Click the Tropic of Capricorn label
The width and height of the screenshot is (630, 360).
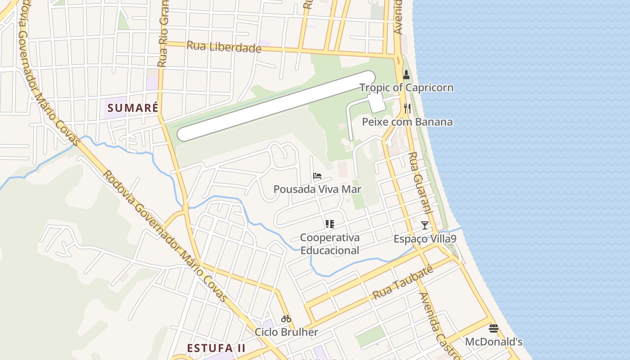406,87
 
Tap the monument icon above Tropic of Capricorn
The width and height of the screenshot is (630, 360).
406,75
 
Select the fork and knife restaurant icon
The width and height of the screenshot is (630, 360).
407,108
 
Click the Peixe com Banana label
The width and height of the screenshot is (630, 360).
407,122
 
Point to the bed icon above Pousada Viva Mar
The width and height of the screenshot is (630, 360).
317,175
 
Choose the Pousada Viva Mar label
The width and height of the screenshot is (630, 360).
317,189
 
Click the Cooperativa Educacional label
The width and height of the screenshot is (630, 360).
330,243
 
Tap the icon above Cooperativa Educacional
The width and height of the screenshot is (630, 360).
330,224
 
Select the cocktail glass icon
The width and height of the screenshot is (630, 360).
424,225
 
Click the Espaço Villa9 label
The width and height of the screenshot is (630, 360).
424,239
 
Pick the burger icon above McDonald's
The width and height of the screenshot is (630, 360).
494,328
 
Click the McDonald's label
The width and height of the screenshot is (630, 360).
494,342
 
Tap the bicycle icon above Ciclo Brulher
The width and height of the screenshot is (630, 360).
286,319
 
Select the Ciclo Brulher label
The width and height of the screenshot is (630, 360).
286,332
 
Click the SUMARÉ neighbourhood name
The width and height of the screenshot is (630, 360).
133,108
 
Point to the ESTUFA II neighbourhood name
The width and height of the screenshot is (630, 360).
216,348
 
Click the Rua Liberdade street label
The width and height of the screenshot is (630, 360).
224,46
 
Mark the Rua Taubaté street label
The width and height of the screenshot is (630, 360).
403,283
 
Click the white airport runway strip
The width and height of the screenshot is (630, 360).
276,106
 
